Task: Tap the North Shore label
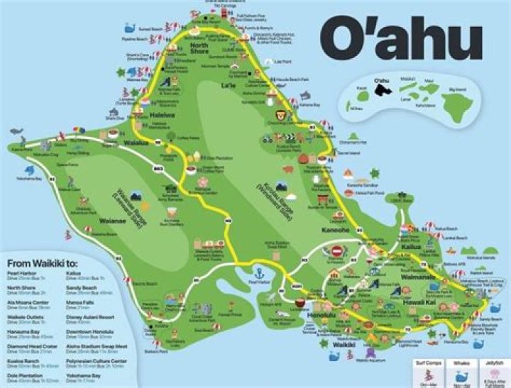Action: click(x=199, y=48)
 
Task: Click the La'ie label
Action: click(x=228, y=85)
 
